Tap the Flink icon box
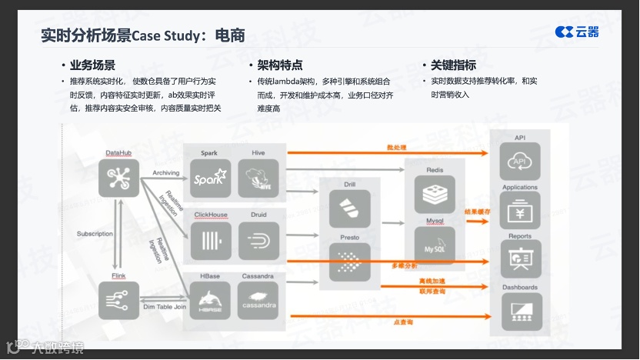pos(118,299)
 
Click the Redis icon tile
pos(435,195)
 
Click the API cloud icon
pos(520,162)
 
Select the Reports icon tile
pos(520,259)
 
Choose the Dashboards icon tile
pos(520,311)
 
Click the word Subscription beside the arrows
pos(95,234)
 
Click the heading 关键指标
pos(453,65)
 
